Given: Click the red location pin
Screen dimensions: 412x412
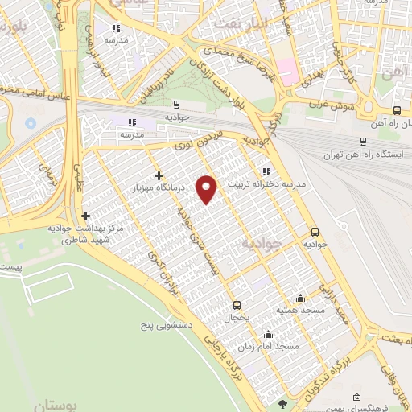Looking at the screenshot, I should point(208,188).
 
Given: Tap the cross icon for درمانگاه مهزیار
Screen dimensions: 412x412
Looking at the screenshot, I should point(159,175).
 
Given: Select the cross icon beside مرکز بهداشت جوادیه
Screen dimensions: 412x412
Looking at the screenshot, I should point(85,216).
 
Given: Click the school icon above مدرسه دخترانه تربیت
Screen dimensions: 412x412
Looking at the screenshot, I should point(266,171).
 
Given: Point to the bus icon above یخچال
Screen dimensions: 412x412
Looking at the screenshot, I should point(237,305).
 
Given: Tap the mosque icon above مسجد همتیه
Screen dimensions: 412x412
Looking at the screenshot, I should point(300,298).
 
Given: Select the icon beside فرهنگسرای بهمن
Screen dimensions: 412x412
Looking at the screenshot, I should point(356,397).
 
